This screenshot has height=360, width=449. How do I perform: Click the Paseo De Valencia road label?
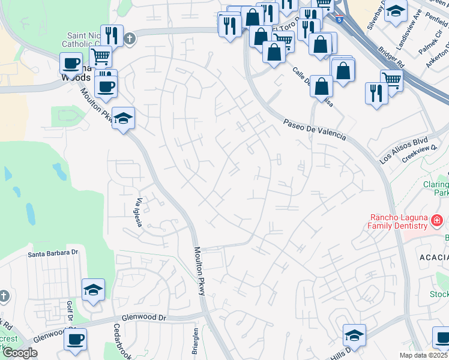pyautogui.click(x=315, y=130)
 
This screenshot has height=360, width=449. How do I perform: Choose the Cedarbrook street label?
pyautogui.click(x=118, y=343)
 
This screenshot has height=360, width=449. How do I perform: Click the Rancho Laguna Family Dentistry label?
pyautogui.click(x=397, y=221)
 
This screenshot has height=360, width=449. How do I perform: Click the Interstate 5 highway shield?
pyautogui.click(x=340, y=19)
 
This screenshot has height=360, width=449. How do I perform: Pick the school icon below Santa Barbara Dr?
pyautogui.click(x=93, y=290)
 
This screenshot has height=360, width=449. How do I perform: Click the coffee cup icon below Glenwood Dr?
pyautogui.click(x=76, y=340)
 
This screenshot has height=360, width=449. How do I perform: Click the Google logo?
pyautogui.click(x=19, y=353)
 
